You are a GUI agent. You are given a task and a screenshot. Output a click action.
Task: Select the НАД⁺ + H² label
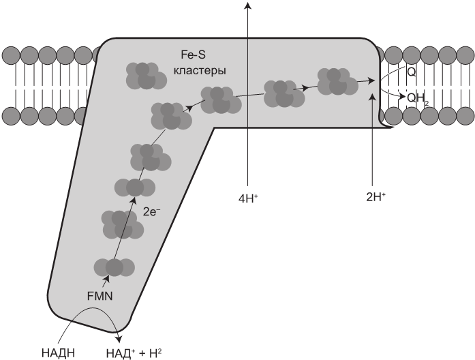(134, 352)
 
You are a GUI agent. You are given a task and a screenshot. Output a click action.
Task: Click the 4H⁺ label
(247, 198)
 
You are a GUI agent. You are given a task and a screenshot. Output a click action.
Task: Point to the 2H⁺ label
(376, 196)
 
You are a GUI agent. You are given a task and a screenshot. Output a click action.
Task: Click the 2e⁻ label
(152, 212)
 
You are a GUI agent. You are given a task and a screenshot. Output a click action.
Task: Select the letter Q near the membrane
(411, 71)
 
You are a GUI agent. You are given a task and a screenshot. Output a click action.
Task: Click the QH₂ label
(417, 98)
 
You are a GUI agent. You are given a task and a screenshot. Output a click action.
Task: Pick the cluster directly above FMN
(113, 268)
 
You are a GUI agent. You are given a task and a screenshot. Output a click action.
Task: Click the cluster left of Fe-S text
(145, 75)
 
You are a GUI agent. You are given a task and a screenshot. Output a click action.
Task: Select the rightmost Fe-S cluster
(337, 81)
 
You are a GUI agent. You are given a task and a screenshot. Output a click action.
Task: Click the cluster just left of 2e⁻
(122, 224)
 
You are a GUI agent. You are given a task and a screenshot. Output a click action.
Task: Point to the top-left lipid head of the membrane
(10, 54)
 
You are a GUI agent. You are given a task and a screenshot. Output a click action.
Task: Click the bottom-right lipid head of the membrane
(467, 114)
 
